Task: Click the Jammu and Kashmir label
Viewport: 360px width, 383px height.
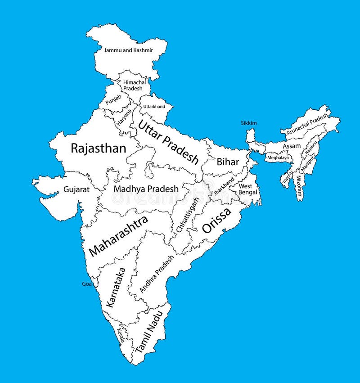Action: tap(128, 50)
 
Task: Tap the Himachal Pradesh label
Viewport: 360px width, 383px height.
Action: tap(133, 86)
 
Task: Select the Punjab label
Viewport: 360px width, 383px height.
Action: tap(113, 100)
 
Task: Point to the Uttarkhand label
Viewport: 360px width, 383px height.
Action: tap(154, 107)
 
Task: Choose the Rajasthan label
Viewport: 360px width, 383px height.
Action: tap(99, 149)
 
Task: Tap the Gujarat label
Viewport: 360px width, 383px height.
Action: tap(76, 189)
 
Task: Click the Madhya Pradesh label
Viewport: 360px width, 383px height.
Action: tap(146, 189)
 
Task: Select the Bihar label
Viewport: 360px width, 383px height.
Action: tap(228, 162)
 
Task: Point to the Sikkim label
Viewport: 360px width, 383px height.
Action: tap(248, 123)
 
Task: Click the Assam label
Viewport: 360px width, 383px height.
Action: tap(292, 146)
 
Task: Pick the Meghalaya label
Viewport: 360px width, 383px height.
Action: tap(278, 158)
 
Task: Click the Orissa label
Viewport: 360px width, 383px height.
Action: tap(216, 220)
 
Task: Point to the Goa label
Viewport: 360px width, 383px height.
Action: tap(86, 284)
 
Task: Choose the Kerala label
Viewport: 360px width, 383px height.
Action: tap(121, 335)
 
